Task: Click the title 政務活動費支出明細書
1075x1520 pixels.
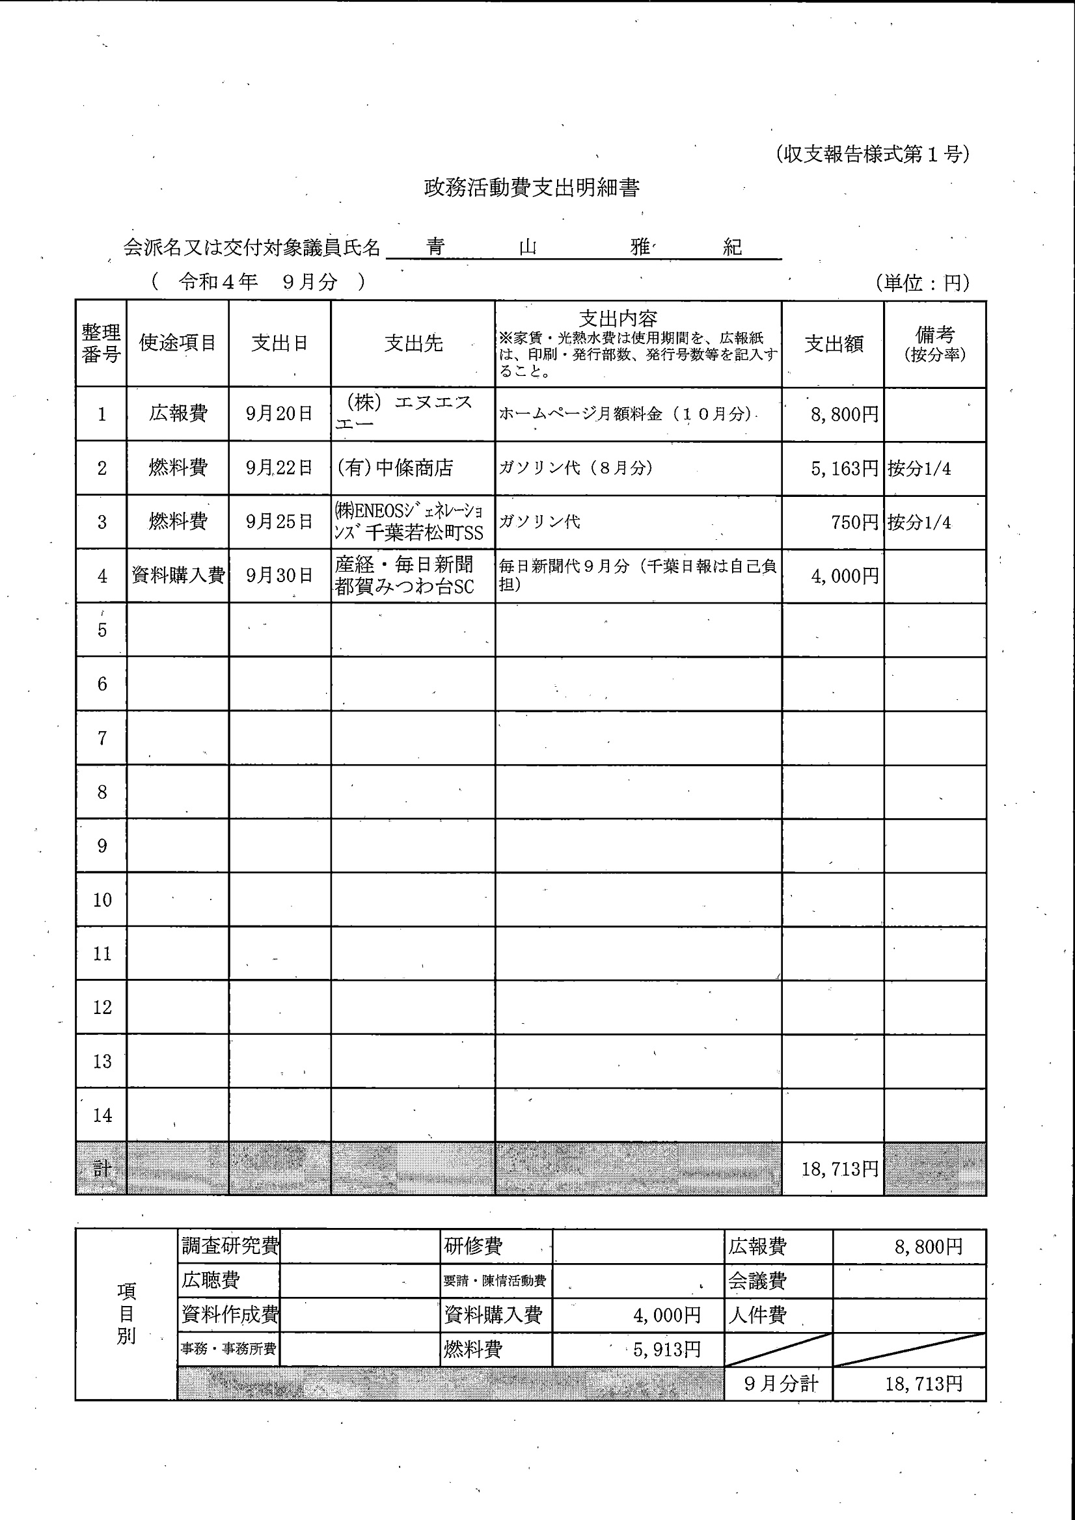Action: point(531,188)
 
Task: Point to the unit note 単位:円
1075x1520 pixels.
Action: point(922,283)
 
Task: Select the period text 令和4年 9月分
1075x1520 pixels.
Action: point(258,282)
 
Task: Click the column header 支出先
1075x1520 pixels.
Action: point(413,343)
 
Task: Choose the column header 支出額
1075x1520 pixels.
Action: point(833,343)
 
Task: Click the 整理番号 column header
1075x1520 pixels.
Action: point(101,343)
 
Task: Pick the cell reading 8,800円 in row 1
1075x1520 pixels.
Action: point(844,414)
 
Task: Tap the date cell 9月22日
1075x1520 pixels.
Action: point(279,468)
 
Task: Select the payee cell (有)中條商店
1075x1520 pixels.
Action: point(396,468)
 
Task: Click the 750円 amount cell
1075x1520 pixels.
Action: point(854,522)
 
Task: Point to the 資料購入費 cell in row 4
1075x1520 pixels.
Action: point(178,576)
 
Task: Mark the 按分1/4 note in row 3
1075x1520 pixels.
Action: point(919,522)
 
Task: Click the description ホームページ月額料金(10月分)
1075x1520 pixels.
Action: point(626,414)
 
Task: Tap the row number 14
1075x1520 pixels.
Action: point(102,1115)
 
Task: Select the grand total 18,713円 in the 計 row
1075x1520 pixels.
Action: point(839,1169)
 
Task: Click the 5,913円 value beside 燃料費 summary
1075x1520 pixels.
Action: point(666,1349)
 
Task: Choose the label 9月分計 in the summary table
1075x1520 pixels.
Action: point(780,1383)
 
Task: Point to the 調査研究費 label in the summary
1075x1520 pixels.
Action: point(229,1246)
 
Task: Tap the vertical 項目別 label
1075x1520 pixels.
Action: point(126,1313)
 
